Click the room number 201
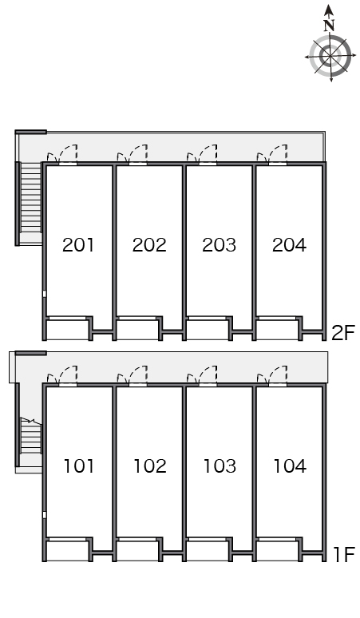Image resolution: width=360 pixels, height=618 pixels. pyautogui.click(x=78, y=245)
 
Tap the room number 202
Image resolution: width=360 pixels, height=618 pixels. pyautogui.click(x=149, y=245)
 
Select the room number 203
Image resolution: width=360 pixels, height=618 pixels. pyautogui.click(x=219, y=245)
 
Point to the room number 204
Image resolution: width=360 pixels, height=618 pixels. pyautogui.click(x=289, y=245)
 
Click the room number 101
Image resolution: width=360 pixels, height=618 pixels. pyautogui.click(x=79, y=465)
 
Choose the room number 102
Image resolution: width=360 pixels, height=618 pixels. pyautogui.click(x=150, y=465)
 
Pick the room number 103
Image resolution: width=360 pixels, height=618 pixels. pyautogui.click(x=220, y=465)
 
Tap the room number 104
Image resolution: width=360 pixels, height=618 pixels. pyautogui.click(x=290, y=465)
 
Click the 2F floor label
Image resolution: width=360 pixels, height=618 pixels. pyautogui.click(x=343, y=333)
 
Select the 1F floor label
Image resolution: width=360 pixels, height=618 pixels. pyautogui.click(x=344, y=554)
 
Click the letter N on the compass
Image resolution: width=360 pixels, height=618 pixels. pyautogui.click(x=330, y=26)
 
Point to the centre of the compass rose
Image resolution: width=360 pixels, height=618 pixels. pyautogui.click(x=330, y=56)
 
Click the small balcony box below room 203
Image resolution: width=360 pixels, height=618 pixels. pyautogui.click(x=207, y=330)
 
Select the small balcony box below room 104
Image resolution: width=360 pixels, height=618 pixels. pyautogui.click(x=277, y=551)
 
